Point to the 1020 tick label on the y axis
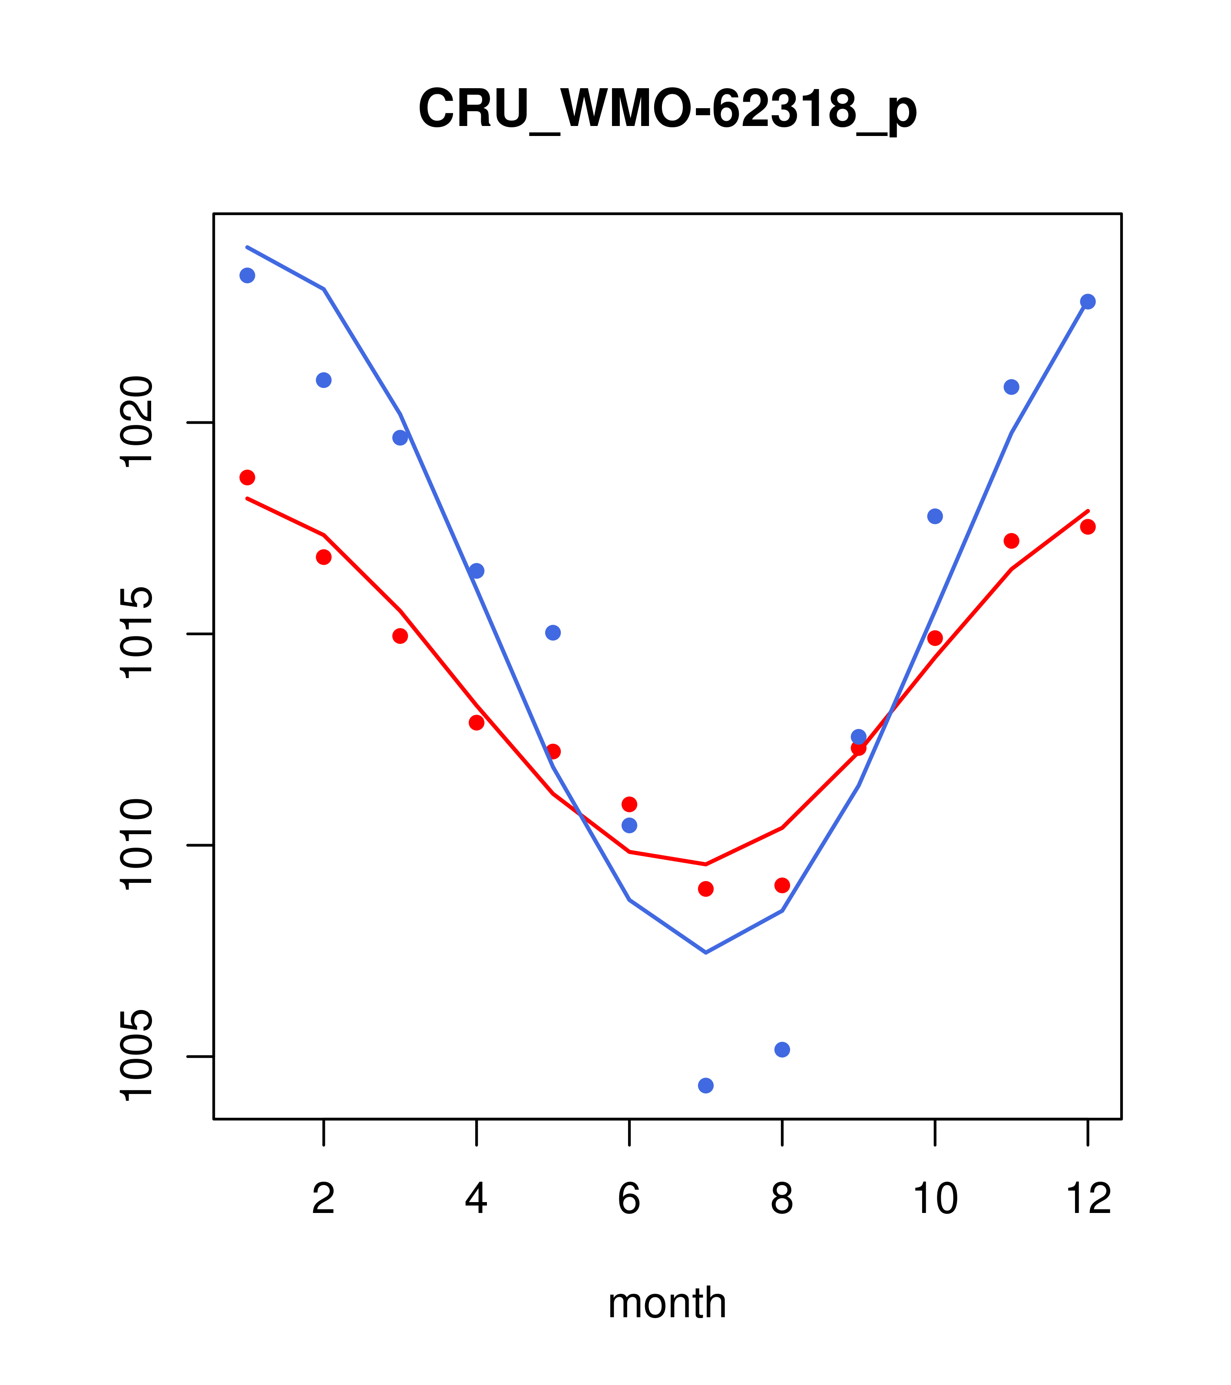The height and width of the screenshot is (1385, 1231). [x=136, y=422]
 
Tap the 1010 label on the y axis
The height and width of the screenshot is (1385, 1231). [x=136, y=845]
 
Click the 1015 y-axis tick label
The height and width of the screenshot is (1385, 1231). [x=136, y=633]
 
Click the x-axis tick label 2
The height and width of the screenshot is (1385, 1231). [x=324, y=1199]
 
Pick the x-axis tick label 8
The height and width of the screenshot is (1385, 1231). [x=782, y=1199]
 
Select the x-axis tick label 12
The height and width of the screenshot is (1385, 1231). [x=1088, y=1199]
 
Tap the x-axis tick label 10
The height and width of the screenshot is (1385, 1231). [x=935, y=1199]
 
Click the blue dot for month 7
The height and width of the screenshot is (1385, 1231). [x=705, y=1086]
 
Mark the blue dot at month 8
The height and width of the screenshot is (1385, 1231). [x=782, y=1050]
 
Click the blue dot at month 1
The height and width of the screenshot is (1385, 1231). [x=247, y=275]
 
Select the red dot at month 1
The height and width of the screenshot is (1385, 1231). [x=247, y=478]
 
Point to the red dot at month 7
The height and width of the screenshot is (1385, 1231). [x=705, y=889]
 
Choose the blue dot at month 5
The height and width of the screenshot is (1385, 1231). [x=553, y=633]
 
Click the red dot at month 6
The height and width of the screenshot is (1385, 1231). [x=629, y=804]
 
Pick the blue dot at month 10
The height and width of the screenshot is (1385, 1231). [x=935, y=516]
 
